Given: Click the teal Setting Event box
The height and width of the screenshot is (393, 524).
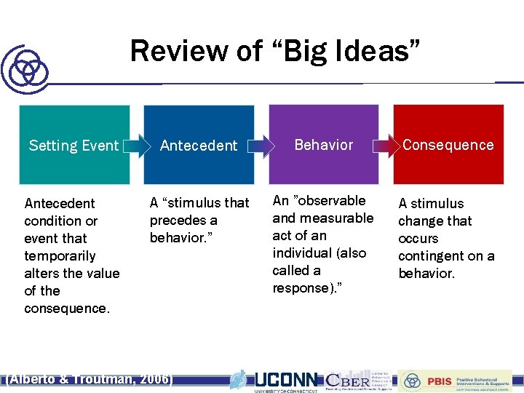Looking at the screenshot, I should point(74,145).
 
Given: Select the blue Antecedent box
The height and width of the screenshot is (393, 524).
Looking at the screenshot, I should point(199,145).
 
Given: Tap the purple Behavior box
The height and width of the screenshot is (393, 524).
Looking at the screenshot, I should point(324,144).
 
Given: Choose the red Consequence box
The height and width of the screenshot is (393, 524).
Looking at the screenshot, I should point(448,144).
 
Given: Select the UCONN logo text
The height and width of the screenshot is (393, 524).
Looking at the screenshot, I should point(286,379).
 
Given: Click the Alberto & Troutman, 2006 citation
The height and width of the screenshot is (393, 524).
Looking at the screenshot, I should point(90,379).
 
